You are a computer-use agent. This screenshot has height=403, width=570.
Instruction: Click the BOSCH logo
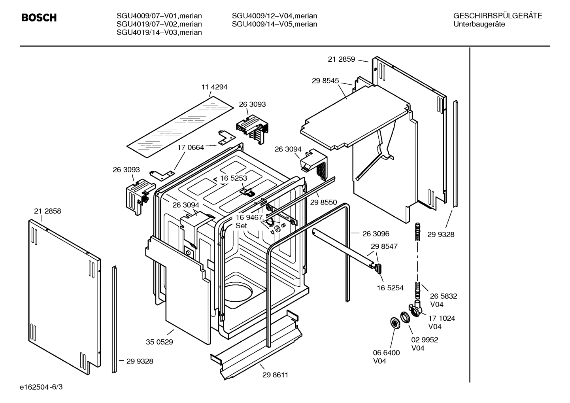(39, 18)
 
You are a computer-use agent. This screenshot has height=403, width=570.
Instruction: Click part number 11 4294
(215, 87)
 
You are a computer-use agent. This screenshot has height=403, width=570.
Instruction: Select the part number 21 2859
(342, 59)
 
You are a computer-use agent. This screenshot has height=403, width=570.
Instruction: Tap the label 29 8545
(325, 81)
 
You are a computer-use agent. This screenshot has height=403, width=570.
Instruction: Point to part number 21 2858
(47, 211)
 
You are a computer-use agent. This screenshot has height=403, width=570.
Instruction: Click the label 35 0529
(159, 342)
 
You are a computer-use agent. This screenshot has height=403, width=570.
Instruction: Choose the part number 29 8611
(275, 375)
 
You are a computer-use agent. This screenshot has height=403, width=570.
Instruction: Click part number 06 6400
(386, 353)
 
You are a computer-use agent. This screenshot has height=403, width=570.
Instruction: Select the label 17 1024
(442, 318)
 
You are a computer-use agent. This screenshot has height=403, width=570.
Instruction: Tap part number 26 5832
(444, 296)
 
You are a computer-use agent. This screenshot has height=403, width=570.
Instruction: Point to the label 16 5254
(390, 288)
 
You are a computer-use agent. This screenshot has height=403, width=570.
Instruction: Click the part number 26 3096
(376, 234)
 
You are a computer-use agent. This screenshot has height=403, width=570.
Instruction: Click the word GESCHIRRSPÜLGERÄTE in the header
(498, 16)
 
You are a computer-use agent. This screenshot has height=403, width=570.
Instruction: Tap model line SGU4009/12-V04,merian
(274, 16)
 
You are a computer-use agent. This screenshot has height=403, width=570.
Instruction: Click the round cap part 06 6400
(394, 323)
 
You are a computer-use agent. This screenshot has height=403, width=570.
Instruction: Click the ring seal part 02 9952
(405, 317)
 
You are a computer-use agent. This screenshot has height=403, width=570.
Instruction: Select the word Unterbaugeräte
(479, 24)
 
